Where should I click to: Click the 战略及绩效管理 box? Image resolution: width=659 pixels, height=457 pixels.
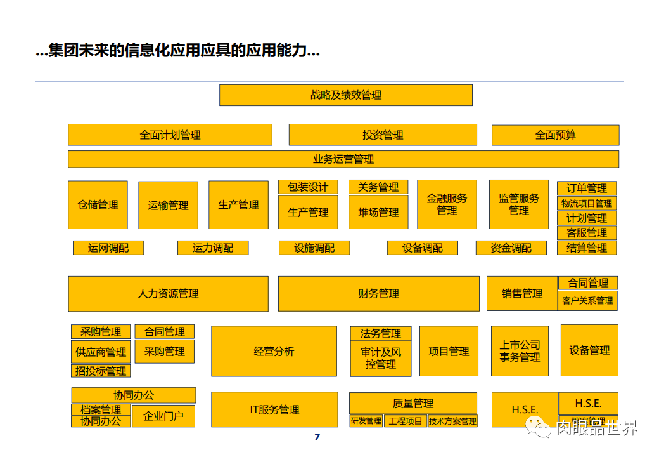pyautogui.click(x=345, y=95)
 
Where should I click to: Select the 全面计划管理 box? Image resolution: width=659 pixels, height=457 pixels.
pyautogui.click(x=170, y=135)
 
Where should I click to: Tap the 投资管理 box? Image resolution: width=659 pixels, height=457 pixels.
pyautogui.click(x=383, y=135)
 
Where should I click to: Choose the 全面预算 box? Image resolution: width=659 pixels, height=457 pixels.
pyautogui.click(x=555, y=135)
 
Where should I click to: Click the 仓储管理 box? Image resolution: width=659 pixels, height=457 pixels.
pyautogui.click(x=98, y=205)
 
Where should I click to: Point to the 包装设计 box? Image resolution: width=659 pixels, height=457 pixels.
pyautogui.click(x=308, y=187)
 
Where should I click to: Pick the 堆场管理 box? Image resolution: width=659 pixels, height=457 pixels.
pyautogui.click(x=378, y=213)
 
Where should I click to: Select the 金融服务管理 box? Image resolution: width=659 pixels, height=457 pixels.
pyautogui.click(x=447, y=204)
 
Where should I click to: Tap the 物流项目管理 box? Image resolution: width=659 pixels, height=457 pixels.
pyautogui.click(x=587, y=204)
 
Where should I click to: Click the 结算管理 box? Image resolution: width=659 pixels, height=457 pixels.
pyautogui.click(x=587, y=248)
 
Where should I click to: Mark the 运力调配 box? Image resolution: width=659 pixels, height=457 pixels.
pyautogui.click(x=212, y=248)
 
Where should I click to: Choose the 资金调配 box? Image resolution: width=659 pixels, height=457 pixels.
pyautogui.click(x=511, y=248)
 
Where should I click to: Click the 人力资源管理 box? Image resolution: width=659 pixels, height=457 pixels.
pyautogui.click(x=168, y=294)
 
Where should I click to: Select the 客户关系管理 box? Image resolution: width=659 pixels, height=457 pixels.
pyautogui.click(x=587, y=301)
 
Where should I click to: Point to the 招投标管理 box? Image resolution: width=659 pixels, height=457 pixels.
pyautogui.click(x=101, y=371)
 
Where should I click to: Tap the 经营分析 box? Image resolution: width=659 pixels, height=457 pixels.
pyautogui.click(x=274, y=352)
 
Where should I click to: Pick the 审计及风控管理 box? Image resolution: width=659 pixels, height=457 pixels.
pyautogui.click(x=380, y=359)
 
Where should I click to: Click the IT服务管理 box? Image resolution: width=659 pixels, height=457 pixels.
pyautogui.click(x=274, y=410)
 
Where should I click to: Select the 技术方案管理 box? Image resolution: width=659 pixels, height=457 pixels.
pyautogui.click(x=452, y=421)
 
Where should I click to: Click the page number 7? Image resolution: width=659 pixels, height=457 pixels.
pyautogui.click(x=317, y=437)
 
